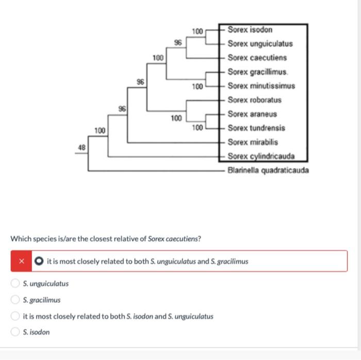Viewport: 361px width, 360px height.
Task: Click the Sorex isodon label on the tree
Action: pos(250,30)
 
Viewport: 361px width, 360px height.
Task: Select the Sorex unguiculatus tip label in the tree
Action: pos(260,44)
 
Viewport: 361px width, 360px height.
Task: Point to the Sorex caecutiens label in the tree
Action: pos(257,58)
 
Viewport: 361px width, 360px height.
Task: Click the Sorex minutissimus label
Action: pos(261,85)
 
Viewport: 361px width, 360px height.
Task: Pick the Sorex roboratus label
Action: pos(255,99)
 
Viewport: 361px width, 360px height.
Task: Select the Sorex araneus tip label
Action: pos(252,114)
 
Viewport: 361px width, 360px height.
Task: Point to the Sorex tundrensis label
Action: pos(256,128)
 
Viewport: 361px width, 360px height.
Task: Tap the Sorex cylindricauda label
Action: pos(260,156)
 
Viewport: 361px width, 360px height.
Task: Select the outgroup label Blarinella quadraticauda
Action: pos(268,170)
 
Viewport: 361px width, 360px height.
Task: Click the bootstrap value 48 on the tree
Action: pos(81,147)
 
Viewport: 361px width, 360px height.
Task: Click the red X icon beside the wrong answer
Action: pos(22,261)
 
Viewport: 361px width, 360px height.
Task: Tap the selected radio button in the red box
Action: pos(39,261)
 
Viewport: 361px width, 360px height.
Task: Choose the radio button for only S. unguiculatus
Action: pos(16,283)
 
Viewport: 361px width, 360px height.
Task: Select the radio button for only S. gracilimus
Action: pos(16,300)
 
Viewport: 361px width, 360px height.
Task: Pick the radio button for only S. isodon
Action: pos(16,332)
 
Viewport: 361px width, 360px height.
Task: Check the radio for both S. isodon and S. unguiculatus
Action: pos(16,316)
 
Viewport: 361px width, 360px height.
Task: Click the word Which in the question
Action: pos(21,239)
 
